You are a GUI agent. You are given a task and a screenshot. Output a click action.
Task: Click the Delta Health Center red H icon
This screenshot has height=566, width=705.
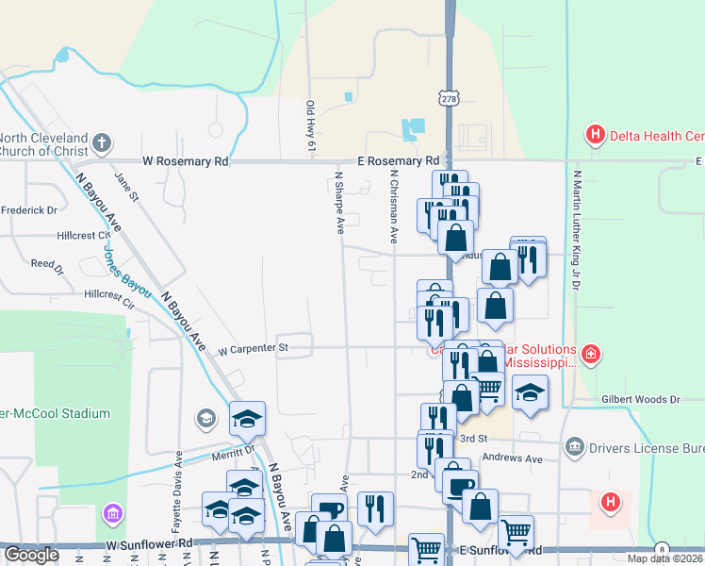[595, 136]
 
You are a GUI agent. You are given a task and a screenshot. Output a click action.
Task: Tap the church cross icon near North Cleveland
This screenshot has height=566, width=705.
[102, 144]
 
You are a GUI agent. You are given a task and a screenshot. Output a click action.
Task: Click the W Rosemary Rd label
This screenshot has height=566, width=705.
[186, 161]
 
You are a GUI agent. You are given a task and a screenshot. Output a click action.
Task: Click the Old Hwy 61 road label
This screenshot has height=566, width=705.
[309, 125]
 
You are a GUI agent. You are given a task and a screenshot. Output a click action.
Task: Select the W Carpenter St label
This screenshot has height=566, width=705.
[252, 349]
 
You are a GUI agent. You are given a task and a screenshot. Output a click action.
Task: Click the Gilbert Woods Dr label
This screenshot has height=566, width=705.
[640, 400]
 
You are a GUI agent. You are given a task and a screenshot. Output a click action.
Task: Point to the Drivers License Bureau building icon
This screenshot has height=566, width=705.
[574, 445]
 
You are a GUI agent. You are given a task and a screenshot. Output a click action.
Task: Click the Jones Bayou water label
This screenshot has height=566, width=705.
[125, 275]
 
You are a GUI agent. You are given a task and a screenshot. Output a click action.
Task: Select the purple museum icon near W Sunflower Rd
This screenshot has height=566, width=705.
[112, 514]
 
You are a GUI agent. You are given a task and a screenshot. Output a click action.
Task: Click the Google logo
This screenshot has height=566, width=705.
[31, 555]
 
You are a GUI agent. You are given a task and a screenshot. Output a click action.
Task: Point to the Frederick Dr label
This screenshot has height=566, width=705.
[28, 209]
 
